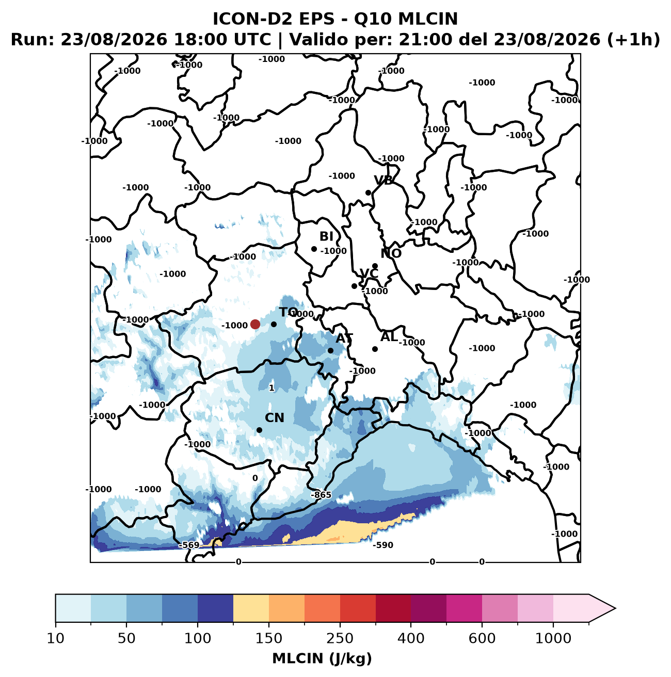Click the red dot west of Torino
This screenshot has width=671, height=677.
[255, 324]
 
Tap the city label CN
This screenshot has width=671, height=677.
[274, 418]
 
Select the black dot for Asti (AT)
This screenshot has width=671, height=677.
[330, 350]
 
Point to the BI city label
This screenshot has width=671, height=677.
[326, 236]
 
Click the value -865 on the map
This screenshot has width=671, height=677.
[321, 495]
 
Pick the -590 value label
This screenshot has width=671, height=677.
[383, 545]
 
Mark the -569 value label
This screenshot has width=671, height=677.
[189, 545]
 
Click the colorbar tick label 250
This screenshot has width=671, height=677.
[340, 638]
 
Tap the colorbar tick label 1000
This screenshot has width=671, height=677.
[553, 638]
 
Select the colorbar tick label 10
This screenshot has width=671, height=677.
[56, 638]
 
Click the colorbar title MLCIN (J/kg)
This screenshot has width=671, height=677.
[322, 659]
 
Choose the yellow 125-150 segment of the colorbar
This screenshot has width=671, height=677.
[251, 608]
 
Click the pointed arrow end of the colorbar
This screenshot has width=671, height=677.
[615, 608]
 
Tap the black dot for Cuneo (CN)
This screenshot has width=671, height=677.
[259, 430]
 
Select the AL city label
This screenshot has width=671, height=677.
[389, 337]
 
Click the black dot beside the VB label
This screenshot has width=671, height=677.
[368, 193]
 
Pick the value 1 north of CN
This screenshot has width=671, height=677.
[271, 388]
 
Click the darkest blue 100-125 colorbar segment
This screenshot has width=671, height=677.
[215, 608]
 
